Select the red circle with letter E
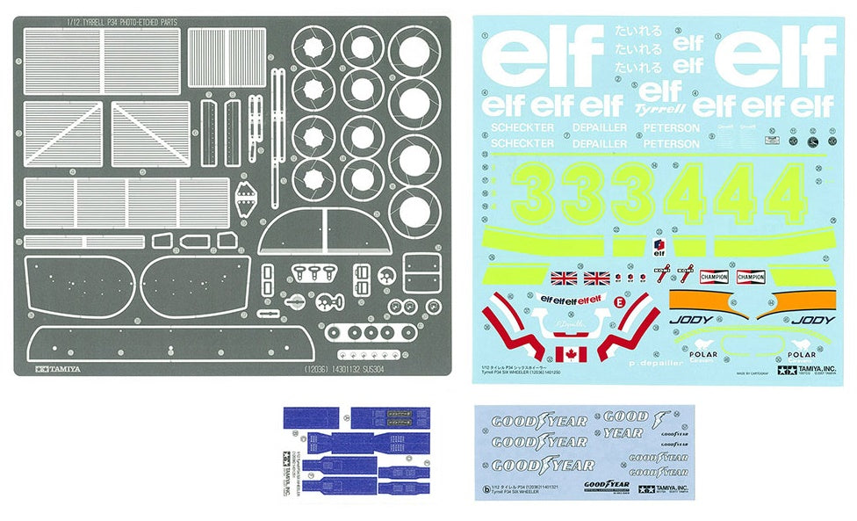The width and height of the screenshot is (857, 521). pos(620,302)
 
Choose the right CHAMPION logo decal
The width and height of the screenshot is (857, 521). pos(751,278)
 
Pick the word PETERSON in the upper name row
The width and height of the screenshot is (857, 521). pos(672,128)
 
